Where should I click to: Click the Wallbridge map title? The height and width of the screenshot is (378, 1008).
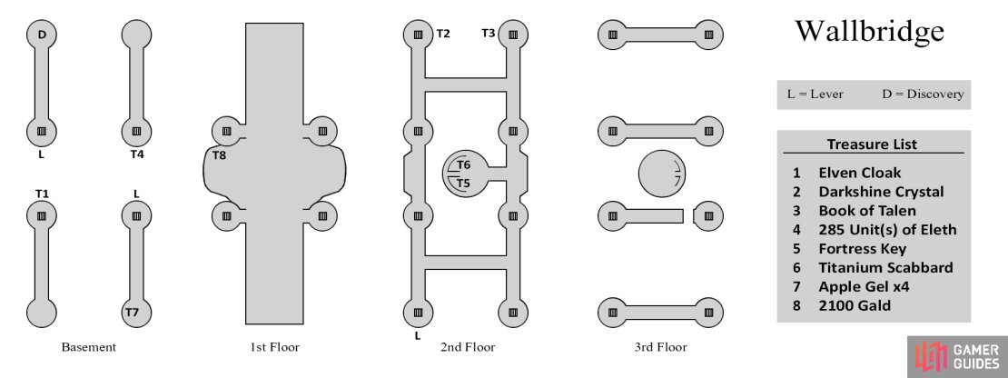click(869, 31)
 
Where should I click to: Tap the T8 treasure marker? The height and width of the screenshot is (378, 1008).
click(220, 154)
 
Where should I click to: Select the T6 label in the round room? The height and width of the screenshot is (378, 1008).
click(463, 165)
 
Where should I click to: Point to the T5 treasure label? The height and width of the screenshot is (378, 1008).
click(463, 184)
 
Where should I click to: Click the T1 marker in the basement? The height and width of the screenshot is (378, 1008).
click(42, 194)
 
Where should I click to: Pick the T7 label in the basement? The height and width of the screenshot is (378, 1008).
click(132, 313)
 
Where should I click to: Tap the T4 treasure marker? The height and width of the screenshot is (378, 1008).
click(137, 154)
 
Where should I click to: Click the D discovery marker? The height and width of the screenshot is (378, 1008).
click(42, 34)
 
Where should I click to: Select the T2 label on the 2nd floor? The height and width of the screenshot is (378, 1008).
click(443, 34)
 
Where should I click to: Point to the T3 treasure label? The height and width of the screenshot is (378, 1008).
click(489, 34)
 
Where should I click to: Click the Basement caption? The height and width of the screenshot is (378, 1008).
click(89, 347)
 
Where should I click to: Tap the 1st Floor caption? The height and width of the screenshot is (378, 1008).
click(274, 347)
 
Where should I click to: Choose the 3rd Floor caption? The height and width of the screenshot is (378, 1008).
click(660, 347)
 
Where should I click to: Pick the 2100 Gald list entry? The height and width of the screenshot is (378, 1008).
click(855, 305)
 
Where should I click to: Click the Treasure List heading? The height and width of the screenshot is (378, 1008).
click(872, 144)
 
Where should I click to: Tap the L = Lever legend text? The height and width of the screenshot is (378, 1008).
click(815, 94)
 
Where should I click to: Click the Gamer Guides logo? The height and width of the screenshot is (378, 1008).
click(958, 357)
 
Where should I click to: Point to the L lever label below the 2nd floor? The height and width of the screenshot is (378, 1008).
click(418, 335)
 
